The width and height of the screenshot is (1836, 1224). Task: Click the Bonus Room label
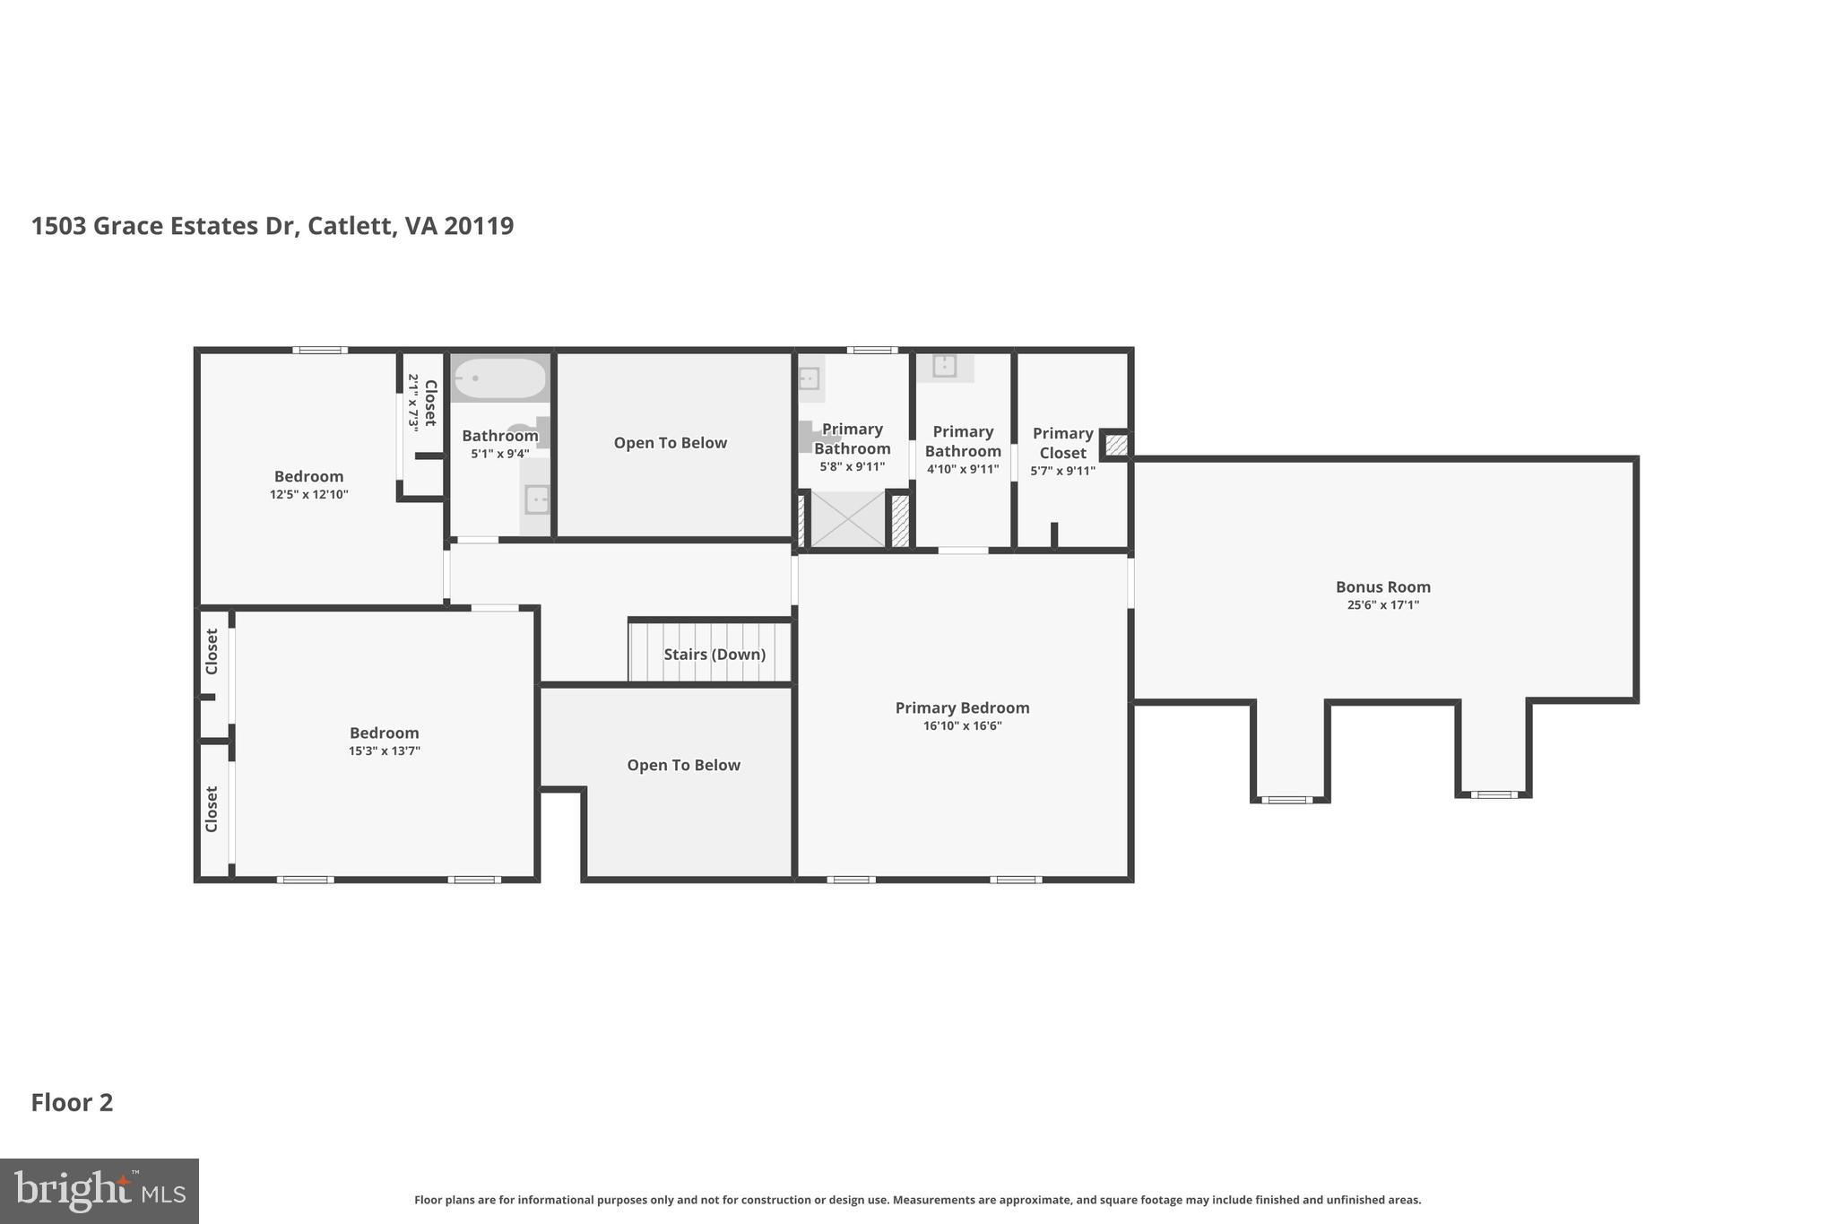pyautogui.click(x=1382, y=587)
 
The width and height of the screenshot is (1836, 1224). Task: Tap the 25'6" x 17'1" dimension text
pyautogui.click(x=1382, y=605)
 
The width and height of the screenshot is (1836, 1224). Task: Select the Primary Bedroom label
pyautogui.click(x=962, y=707)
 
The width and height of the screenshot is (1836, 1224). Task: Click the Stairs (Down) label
pyautogui.click(x=714, y=655)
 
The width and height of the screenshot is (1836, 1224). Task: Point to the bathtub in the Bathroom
pyautogui.click(x=498, y=378)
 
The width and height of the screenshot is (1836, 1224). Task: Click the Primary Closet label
pyautogui.click(x=1062, y=443)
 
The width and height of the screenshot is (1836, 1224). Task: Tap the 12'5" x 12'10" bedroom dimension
pyautogui.click(x=308, y=494)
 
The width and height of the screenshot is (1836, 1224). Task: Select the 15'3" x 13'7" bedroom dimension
pyautogui.click(x=384, y=751)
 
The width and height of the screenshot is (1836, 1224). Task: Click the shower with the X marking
pyautogui.click(x=847, y=519)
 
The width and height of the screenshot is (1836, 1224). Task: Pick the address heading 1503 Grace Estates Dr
pyautogui.click(x=272, y=226)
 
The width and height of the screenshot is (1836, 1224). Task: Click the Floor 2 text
pyautogui.click(x=72, y=1103)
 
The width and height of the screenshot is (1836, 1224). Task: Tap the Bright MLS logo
pyautogui.click(x=99, y=1191)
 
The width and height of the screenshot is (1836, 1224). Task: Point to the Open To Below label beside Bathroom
pyautogui.click(x=670, y=443)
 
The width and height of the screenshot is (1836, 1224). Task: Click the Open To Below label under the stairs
pyautogui.click(x=683, y=765)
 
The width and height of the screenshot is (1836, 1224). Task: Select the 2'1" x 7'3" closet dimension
pyautogui.click(x=413, y=403)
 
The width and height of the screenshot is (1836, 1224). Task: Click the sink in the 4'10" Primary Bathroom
pyautogui.click(x=944, y=366)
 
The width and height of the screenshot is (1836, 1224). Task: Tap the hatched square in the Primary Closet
pyautogui.click(x=1116, y=445)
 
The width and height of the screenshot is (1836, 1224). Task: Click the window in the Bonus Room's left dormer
pyautogui.click(x=1286, y=799)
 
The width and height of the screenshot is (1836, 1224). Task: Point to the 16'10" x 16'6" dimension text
pyautogui.click(x=962, y=726)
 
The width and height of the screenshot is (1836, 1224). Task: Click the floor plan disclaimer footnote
pyautogui.click(x=917, y=1200)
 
